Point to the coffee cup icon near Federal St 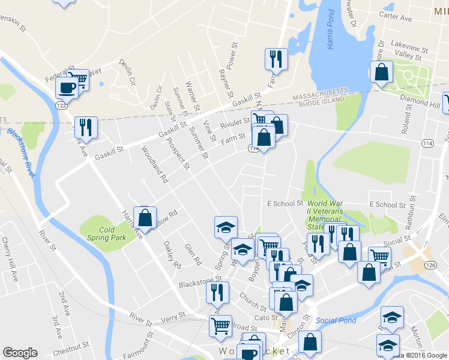tap(66, 88)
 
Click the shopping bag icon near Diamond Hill tap(382, 73)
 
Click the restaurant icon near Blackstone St tap(217, 292)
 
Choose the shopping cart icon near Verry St tap(220, 326)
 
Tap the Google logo tap(20, 353)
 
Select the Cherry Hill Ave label tap(10, 256)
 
